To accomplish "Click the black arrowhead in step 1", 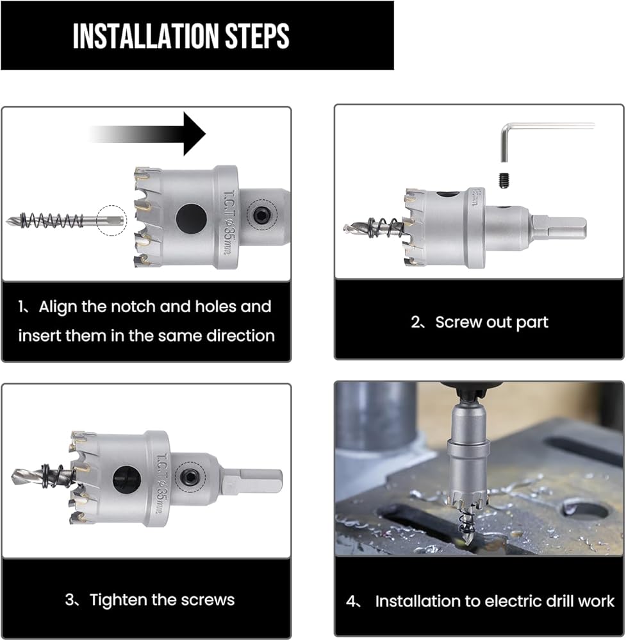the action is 195,134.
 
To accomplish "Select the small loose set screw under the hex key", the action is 504,181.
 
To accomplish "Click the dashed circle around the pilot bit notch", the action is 111,221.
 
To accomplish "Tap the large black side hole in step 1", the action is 191,218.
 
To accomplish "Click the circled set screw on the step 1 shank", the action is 261,215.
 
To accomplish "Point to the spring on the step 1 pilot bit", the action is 51,221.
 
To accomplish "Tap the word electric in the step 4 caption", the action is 507,601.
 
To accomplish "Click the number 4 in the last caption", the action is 351,601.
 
